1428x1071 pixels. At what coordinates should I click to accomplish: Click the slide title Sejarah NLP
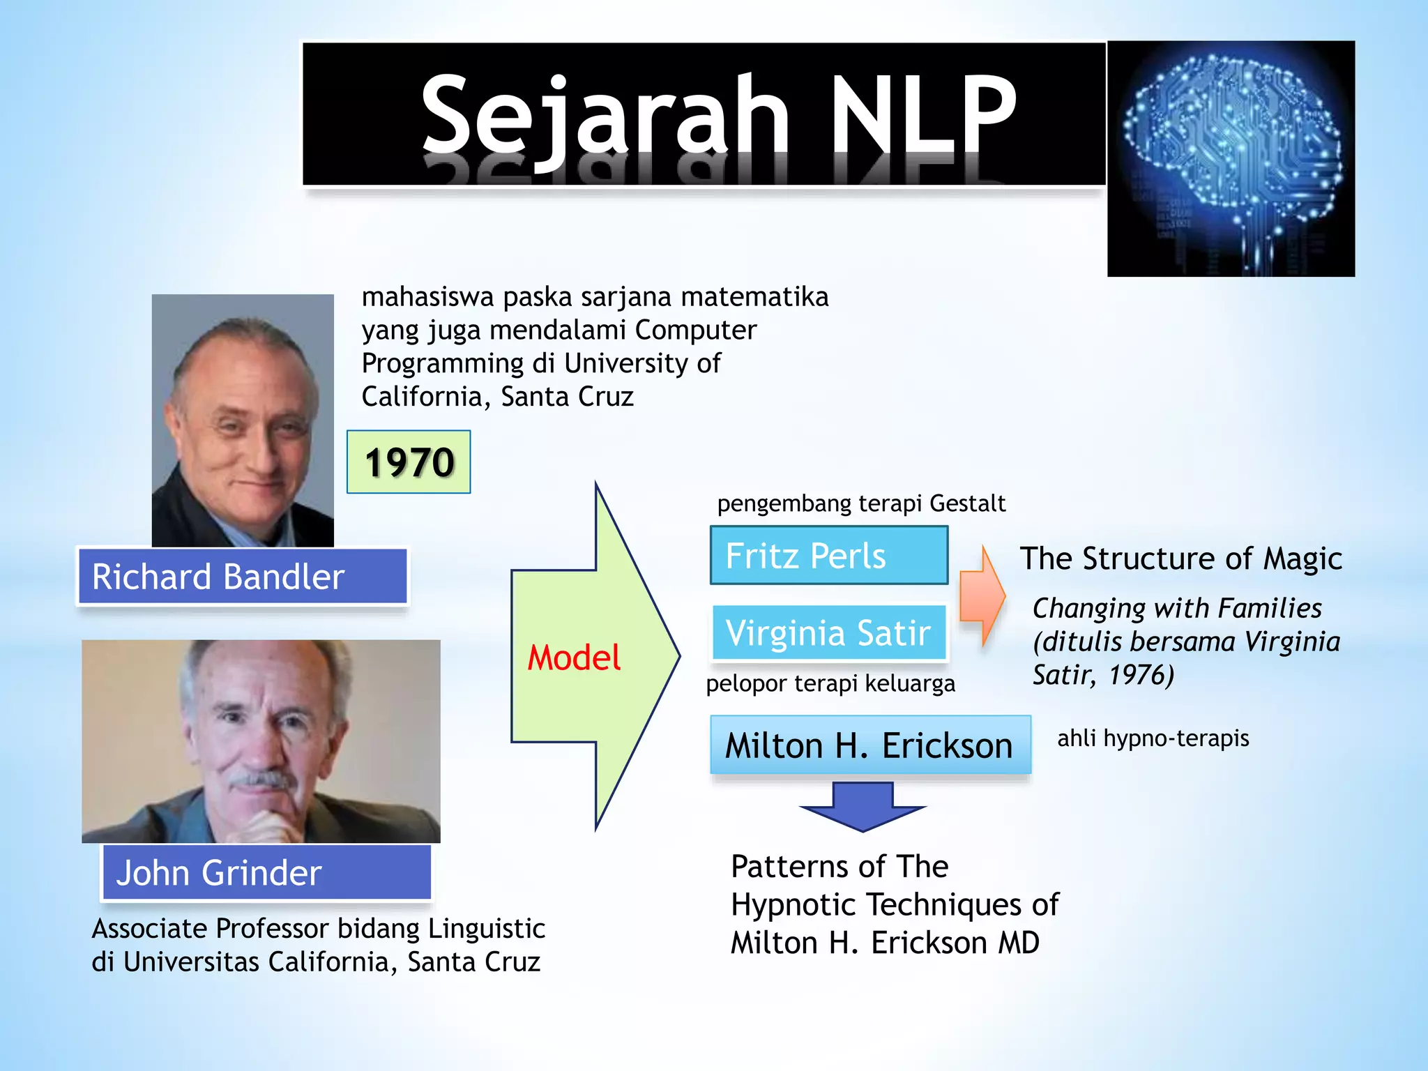pos(718,115)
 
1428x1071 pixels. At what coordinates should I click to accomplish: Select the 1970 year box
pos(409,462)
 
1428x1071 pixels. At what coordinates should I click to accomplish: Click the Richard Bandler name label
pos(242,577)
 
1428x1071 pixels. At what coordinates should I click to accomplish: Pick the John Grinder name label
pos(266,872)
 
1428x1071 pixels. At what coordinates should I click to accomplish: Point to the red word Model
pos(573,658)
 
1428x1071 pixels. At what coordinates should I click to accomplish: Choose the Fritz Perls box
pos(828,556)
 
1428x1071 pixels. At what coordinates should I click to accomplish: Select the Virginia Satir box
pos(828,632)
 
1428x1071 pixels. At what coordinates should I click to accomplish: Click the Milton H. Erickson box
pos(869,745)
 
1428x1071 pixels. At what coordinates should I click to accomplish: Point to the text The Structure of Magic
pos(1180,559)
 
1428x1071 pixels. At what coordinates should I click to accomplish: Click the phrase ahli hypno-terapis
pos(1153,738)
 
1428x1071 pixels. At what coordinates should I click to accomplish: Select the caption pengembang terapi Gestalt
pos(861,503)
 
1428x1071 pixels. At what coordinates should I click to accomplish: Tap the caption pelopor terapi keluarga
pos(830,683)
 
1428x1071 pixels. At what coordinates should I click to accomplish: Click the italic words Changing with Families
pos(1176,608)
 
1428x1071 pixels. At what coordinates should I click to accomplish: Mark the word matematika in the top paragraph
pos(754,297)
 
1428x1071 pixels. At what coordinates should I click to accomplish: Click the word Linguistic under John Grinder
pos(486,929)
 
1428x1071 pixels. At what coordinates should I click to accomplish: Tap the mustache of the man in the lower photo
pos(262,779)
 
